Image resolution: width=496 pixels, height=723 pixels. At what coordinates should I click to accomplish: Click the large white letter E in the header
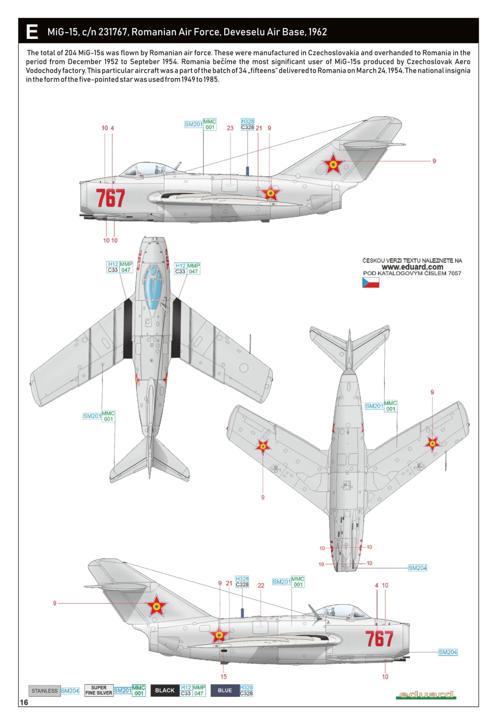(x=32, y=32)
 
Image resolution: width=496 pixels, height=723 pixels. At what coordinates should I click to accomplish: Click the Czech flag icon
(x=371, y=282)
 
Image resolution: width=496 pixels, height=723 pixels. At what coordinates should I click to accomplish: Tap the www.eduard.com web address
(x=412, y=267)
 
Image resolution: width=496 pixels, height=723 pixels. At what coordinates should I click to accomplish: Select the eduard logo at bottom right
(x=426, y=695)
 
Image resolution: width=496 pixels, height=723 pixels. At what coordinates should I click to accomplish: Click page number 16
(x=24, y=702)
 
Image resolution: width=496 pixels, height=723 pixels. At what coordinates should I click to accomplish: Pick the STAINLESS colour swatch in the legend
(x=44, y=691)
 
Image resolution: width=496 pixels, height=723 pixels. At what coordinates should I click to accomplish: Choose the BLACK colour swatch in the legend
(x=165, y=690)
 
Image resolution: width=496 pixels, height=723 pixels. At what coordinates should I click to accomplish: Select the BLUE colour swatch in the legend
(x=225, y=690)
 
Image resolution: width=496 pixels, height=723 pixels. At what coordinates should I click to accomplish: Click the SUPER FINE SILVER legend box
(x=99, y=690)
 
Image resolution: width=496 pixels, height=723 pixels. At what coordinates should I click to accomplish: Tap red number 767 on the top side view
(x=110, y=198)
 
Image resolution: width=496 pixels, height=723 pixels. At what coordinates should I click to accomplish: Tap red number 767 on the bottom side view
(x=379, y=639)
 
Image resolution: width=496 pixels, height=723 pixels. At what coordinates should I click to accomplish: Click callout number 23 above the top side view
(x=230, y=128)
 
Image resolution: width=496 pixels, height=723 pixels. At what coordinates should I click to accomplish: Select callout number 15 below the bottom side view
(x=223, y=676)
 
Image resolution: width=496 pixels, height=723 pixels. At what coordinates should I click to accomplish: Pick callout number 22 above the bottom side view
(x=261, y=585)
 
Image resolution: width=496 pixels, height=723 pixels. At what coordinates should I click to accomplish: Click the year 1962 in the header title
(x=317, y=32)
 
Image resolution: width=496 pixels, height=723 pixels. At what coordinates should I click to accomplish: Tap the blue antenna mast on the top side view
(x=247, y=171)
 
